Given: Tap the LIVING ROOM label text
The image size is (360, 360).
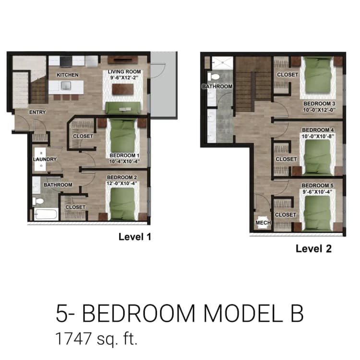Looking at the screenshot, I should tap(128, 72).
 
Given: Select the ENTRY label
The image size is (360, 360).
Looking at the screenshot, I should tap(37, 112).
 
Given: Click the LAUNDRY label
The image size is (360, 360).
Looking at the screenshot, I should tap(45, 159).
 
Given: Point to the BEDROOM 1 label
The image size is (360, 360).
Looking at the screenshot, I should tap(124, 156).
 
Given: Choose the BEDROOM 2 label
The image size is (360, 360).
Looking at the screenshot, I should tap(122, 177).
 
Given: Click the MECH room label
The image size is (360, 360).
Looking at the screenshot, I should tap(263, 223).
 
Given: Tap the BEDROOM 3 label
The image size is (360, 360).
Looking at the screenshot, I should tap(319, 104).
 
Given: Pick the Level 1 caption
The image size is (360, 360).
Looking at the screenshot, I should tap(135, 237).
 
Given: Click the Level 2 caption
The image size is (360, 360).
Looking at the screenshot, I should tap(313, 249).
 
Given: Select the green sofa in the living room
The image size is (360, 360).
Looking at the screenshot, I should tap(123, 107).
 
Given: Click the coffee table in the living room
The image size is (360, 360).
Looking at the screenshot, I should tap(123, 90).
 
